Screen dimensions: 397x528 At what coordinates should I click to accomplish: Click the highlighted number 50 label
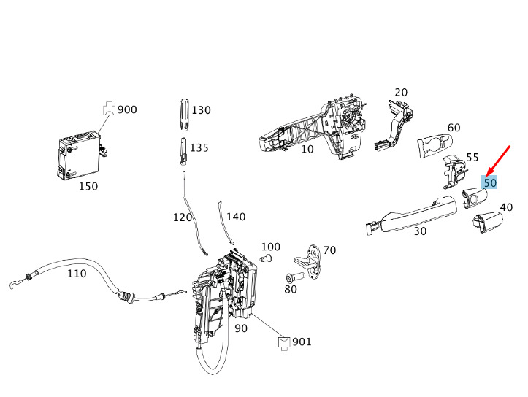pos(490,182)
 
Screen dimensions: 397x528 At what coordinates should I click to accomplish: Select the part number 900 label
pos(127,109)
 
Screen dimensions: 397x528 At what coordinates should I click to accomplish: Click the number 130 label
pos(201,110)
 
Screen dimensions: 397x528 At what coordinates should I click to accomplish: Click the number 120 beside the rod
pos(182,217)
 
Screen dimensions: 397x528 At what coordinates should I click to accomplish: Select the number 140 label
pos(236,217)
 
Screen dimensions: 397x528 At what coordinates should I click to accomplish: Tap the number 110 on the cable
pos(76,274)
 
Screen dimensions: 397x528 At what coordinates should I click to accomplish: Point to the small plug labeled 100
pos(267,258)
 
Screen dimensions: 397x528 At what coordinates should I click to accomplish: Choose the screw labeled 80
pos(295,278)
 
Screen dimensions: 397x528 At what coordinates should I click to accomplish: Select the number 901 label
pos(302,342)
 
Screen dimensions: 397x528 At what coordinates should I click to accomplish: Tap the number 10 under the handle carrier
pos(307,149)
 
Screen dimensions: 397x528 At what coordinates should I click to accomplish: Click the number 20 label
pos(401,93)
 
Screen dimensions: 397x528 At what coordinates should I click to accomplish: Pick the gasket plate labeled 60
pos(437,144)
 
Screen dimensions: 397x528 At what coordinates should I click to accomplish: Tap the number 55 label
pos(472,157)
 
